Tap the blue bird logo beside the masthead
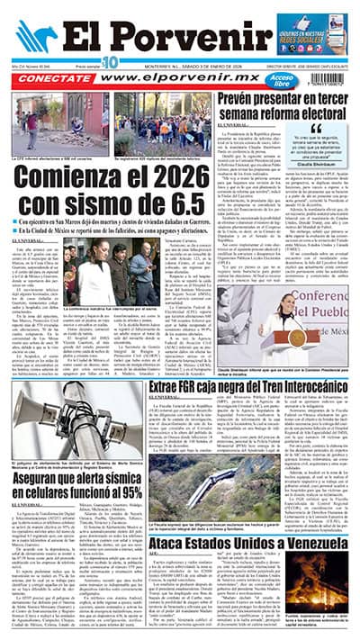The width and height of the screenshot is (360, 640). pos(35,35)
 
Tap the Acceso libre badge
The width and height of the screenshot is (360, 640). pos(258,78)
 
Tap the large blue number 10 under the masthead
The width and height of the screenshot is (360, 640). pos(110,61)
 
